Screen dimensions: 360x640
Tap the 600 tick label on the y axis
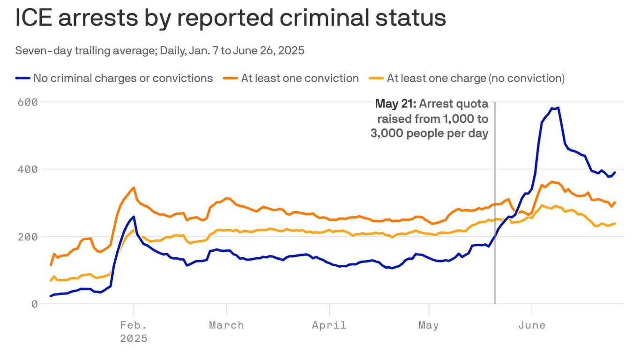tap(28, 102)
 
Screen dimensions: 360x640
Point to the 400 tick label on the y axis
tap(28, 169)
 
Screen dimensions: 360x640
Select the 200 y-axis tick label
tap(28, 237)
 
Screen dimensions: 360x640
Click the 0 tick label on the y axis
tap(34, 304)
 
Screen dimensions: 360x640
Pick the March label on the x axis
tap(226, 325)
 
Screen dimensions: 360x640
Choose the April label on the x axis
tap(329, 325)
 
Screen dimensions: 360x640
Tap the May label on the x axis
tap(429, 325)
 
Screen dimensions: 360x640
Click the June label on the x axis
tap(532, 325)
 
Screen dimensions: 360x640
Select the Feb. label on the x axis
tap(134, 325)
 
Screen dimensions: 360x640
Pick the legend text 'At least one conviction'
tap(300, 78)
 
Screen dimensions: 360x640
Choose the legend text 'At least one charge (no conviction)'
tap(476, 78)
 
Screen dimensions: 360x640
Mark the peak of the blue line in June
tap(558, 108)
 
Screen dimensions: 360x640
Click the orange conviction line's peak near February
tap(134, 187)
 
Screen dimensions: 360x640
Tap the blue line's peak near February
tap(134, 217)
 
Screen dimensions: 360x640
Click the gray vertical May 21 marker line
tap(495, 211)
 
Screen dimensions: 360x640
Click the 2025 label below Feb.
tap(134, 338)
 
